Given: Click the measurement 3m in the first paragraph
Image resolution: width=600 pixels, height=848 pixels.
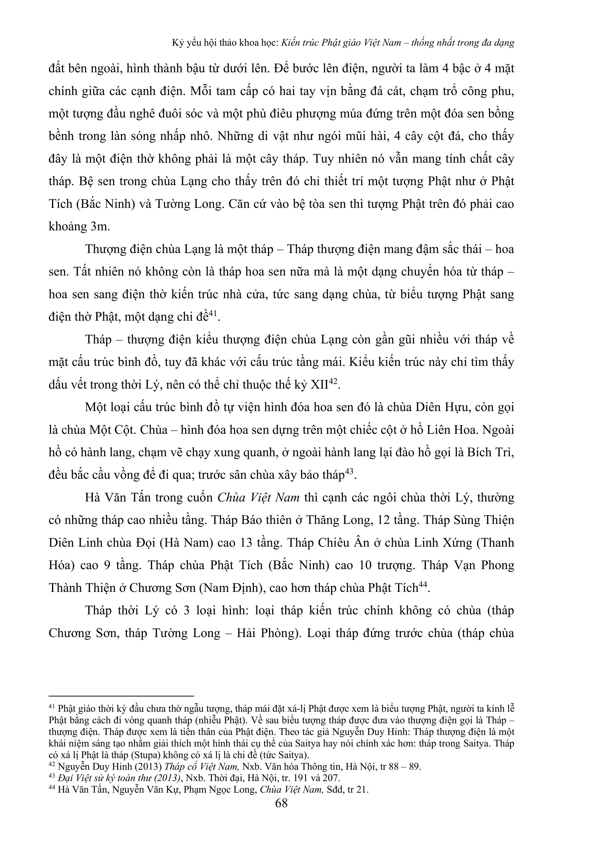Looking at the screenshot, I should point(100,227).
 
